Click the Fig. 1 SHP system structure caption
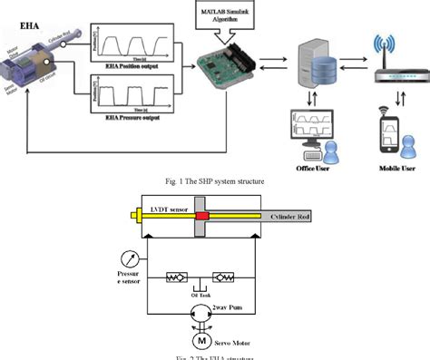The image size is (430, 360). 215,181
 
